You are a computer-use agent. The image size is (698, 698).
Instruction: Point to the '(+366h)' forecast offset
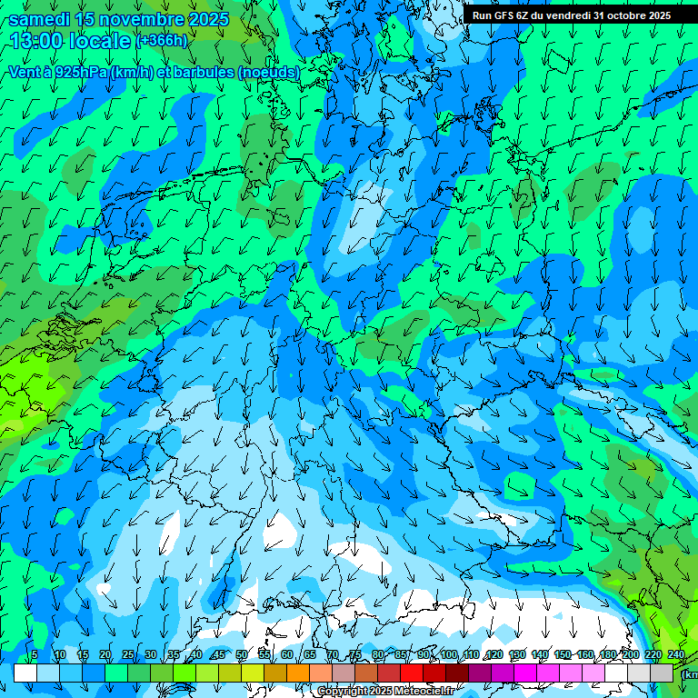162,41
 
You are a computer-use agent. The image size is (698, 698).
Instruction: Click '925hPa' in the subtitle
80,72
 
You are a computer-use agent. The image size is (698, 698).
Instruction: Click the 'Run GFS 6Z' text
501,15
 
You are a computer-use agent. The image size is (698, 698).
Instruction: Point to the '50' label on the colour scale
241,655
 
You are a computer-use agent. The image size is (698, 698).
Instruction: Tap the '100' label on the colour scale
449,655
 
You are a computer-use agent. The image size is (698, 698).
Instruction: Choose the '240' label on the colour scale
676,655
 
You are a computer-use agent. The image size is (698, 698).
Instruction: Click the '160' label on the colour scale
585,655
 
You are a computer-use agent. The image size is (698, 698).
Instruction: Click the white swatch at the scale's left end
25,673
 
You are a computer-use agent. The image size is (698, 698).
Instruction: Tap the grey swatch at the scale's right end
664,673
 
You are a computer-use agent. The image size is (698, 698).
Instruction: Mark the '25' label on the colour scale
127,655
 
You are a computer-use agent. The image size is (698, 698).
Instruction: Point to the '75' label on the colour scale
355,655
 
